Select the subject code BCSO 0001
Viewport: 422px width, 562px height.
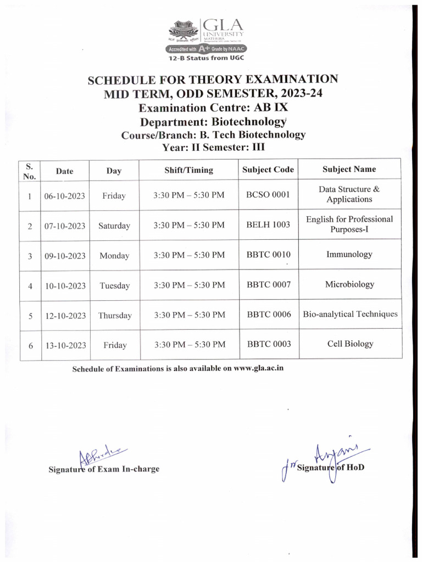click(268, 194)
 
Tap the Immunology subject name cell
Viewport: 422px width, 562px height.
click(349, 255)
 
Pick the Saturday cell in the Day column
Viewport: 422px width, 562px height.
click(114, 226)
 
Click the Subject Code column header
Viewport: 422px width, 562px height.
click(268, 170)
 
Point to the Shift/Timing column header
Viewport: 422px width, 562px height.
click(188, 170)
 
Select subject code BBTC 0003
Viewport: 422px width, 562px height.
click(269, 344)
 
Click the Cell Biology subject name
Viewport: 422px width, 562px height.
click(350, 344)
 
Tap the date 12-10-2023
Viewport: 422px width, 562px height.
click(65, 316)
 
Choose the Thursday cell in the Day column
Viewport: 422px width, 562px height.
click(115, 316)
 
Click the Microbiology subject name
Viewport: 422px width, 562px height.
click(349, 284)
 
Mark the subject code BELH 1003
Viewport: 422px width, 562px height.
click(268, 224)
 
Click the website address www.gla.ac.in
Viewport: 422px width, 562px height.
click(258, 368)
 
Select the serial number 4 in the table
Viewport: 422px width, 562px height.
click(30, 286)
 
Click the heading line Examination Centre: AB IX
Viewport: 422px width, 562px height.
click(213, 108)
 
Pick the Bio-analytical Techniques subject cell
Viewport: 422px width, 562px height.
click(350, 314)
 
